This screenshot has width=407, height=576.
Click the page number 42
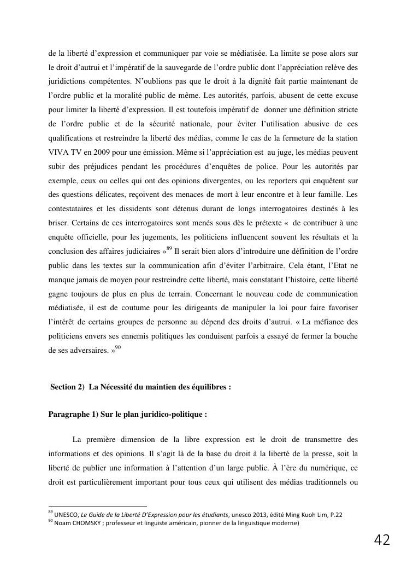pyautogui.click(x=382, y=540)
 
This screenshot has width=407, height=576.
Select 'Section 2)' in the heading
pyautogui.click(x=67, y=387)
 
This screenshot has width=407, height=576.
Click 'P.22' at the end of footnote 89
pyautogui.click(x=335, y=515)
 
